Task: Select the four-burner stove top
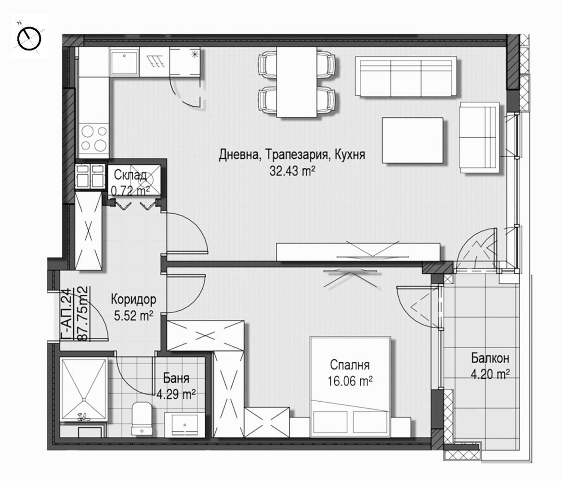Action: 94,138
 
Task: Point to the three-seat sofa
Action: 406,76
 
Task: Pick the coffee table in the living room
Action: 413,140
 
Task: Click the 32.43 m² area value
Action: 292,170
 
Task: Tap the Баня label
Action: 176,378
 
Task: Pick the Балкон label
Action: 490,358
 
